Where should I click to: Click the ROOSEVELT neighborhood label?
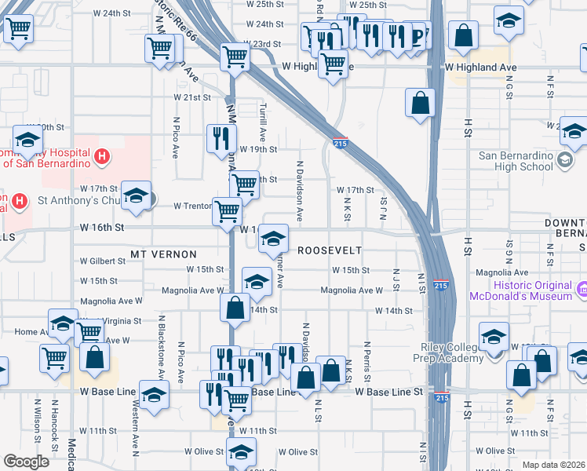[x=330, y=250]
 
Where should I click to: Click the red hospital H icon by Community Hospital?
[x=101, y=158]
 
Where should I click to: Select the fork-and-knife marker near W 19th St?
[x=221, y=138]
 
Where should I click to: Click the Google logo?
[x=26, y=462]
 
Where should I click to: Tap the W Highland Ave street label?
[x=480, y=68]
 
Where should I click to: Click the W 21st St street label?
[x=193, y=97]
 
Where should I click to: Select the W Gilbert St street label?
[x=98, y=261]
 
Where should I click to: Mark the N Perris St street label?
[x=366, y=358]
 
